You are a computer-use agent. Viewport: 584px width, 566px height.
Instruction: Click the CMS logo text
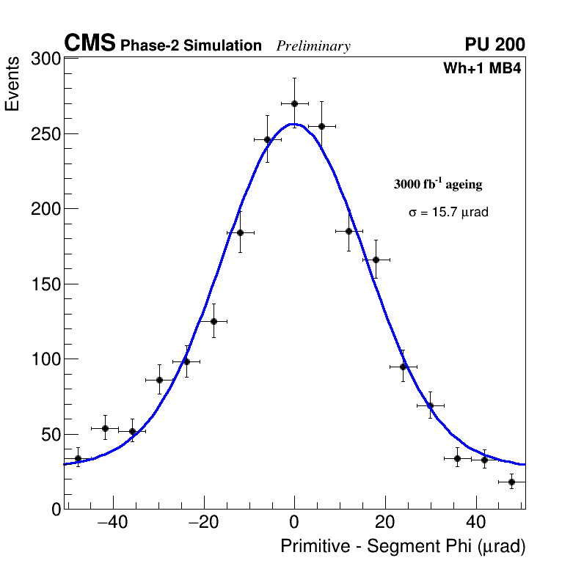click(x=90, y=44)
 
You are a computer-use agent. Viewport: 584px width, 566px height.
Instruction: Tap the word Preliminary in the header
click(x=313, y=46)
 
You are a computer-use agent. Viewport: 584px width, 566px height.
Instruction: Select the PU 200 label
click(x=494, y=45)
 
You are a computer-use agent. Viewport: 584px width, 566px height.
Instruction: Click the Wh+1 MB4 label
click(x=481, y=69)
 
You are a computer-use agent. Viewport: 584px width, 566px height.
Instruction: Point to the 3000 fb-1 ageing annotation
click(x=438, y=185)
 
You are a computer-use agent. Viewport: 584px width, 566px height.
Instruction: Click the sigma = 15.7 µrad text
click(x=448, y=213)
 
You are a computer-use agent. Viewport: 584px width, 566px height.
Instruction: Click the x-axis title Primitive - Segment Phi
click(x=403, y=547)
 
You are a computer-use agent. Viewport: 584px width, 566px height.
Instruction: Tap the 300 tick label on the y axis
click(x=45, y=59)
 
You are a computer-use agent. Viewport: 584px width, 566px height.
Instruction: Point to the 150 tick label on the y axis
click(x=45, y=284)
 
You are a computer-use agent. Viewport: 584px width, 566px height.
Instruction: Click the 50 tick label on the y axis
click(x=50, y=435)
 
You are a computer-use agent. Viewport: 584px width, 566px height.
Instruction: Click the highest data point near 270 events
click(x=294, y=103)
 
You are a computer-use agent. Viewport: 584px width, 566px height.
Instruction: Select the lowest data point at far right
click(x=511, y=482)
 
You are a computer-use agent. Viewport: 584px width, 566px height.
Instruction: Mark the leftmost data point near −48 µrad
click(x=78, y=458)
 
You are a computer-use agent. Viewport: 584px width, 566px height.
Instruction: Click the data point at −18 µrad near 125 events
click(x=213, y=321)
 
